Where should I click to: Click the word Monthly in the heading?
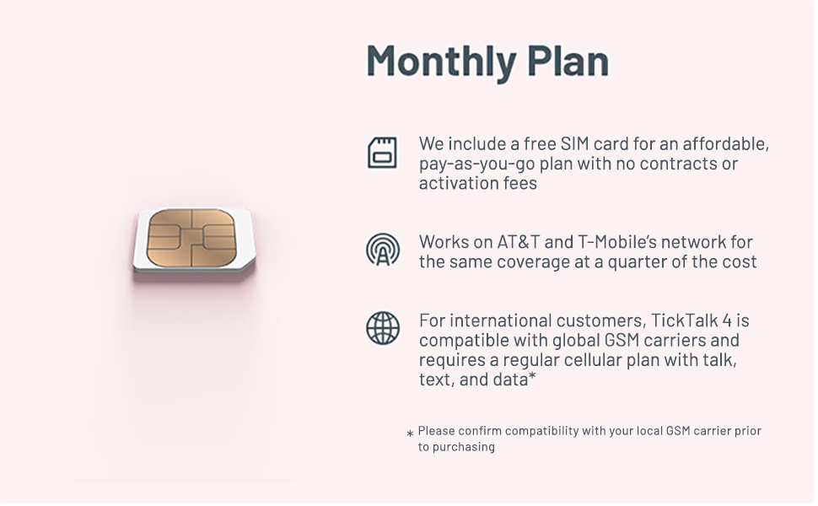[441, 62]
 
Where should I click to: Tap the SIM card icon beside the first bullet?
[382, 153]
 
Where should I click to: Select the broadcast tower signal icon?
[383, 250]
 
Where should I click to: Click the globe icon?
[383, 328]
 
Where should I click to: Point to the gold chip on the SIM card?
[191, 238]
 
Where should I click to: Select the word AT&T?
[518, 242]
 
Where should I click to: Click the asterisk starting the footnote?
[410, 434]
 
